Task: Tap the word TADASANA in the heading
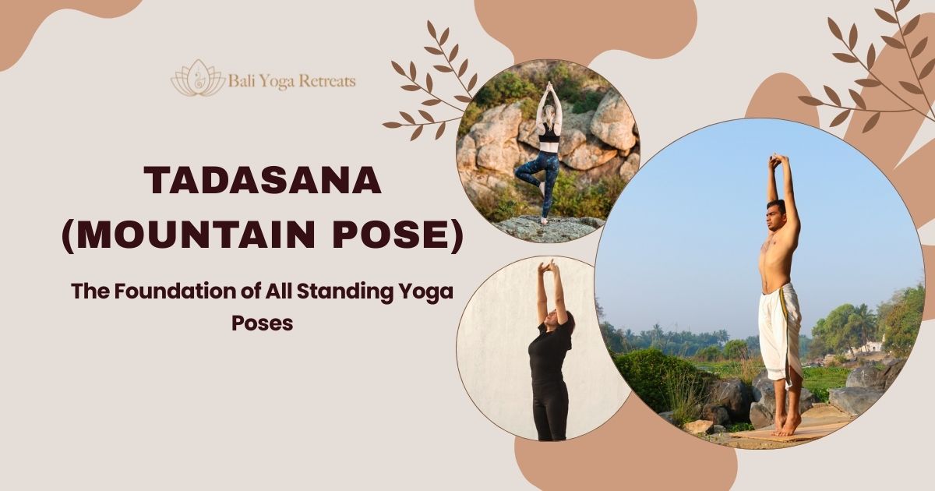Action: (x=263, y=182)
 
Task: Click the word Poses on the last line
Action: (x=263, y=322)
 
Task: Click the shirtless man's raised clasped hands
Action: (x=776, y=161)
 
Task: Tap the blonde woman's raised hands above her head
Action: (x=548, y=89)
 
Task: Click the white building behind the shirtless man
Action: (x=873, y=348)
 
